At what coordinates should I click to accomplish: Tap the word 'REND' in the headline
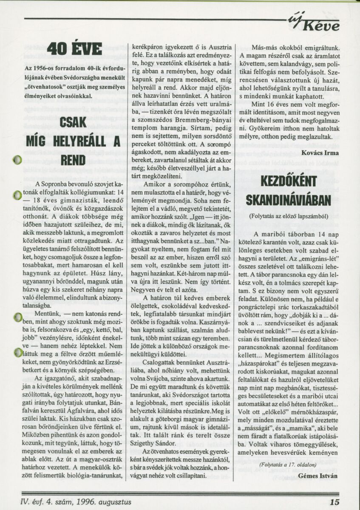point(74,160)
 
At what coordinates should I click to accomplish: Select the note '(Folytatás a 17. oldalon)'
point(285,465)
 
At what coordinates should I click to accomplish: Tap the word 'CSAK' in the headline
point(74,123)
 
